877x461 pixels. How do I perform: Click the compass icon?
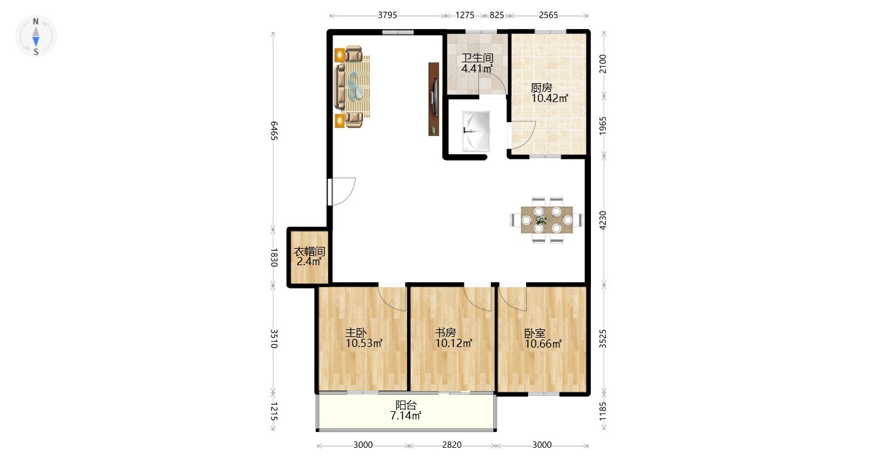click(x=36, y=37)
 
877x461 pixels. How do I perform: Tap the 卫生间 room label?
click(x=477, y=58)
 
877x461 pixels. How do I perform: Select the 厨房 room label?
click(x=541, y=88)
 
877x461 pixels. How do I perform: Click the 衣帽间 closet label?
click(x=309, y=251)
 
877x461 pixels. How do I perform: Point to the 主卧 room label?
click(x=355, y=333)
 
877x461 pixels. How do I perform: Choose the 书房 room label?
click(x=445, y=333)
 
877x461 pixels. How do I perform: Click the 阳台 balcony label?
click(x=406, y=405)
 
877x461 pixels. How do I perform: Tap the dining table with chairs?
click(x=547, y=220)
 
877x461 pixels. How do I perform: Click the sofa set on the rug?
click(x=352, y=86)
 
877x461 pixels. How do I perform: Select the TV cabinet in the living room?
click(x=433, y=100)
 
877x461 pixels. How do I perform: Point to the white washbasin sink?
click(x=476, y=132)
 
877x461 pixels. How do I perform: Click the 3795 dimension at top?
click(x=387, y=15)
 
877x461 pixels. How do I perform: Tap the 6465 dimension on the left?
click(x=274, y=131)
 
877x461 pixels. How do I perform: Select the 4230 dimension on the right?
click(x=603, y=220)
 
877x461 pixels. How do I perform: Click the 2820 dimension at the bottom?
click(x=452, y=445)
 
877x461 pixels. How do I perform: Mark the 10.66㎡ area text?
click(x=543, y=344)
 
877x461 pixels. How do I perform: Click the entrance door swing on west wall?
click(x=342, y=191)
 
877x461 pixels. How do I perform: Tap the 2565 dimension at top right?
click(x=548, y=15)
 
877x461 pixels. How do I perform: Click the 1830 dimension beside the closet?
click(x=274, y=258)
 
